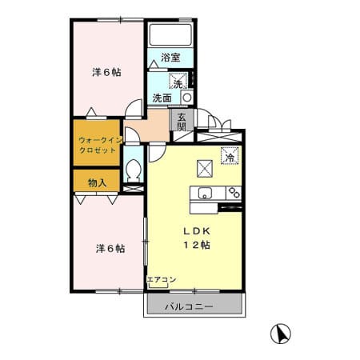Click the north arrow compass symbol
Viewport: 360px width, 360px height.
280,334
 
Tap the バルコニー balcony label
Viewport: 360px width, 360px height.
189,306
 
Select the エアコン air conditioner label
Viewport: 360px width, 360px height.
162,279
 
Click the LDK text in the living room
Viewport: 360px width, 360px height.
197,231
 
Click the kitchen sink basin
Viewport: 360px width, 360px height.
205,193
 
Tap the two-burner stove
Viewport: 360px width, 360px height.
234,193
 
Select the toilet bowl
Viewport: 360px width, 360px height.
134,170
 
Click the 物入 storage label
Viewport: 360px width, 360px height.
98,183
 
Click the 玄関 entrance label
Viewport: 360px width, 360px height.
182,122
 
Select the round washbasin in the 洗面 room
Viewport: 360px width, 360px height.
187,98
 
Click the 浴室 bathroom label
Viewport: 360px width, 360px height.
170,58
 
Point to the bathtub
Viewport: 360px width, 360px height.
170,35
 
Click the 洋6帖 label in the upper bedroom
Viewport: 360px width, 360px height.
106,72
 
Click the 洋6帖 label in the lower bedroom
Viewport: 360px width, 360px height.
110,249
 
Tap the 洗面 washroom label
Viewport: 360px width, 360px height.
162,98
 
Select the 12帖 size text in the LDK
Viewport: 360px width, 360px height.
197,245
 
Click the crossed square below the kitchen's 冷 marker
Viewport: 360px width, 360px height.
205,169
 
